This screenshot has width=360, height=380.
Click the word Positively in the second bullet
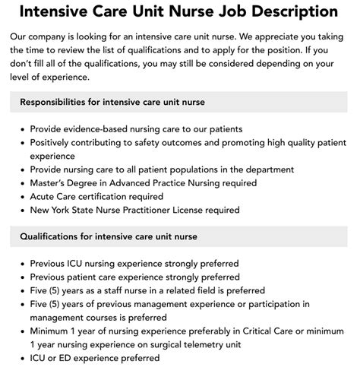tap(55, 142)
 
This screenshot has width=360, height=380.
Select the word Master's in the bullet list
tap(51, 182)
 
